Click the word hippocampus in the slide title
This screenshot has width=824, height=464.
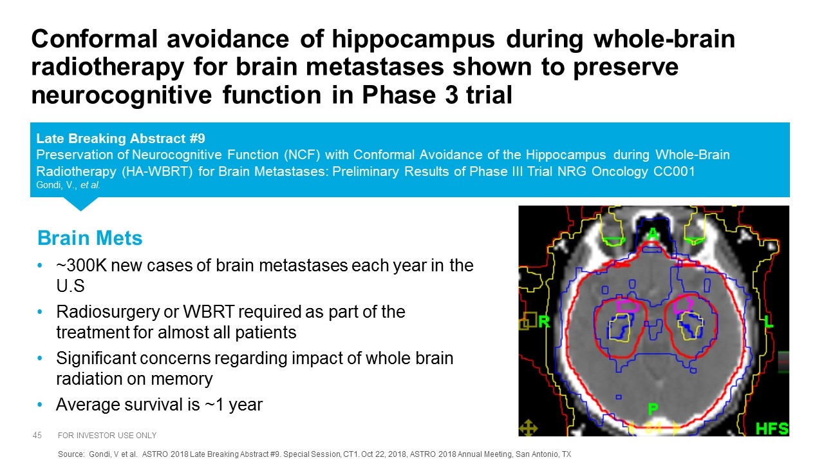pos(413,40)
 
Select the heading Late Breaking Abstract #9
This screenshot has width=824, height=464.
pos(120,139)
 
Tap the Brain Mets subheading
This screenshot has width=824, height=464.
pos(89,238)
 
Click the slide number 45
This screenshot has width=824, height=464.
pos(37,435)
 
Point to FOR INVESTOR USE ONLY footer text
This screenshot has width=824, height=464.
pos(107,435)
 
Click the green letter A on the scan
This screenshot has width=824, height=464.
pos(653,233)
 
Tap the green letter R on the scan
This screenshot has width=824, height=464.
pos(544,322)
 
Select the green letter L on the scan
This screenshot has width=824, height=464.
pos(769,322)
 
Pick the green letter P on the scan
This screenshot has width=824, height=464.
pos(653,409)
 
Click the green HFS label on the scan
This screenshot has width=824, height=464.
pos(772,429)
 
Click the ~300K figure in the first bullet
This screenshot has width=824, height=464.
pos(81,266)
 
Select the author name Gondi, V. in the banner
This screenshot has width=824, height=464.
pos(57,185)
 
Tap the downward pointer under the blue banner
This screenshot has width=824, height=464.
pos(80,203)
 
